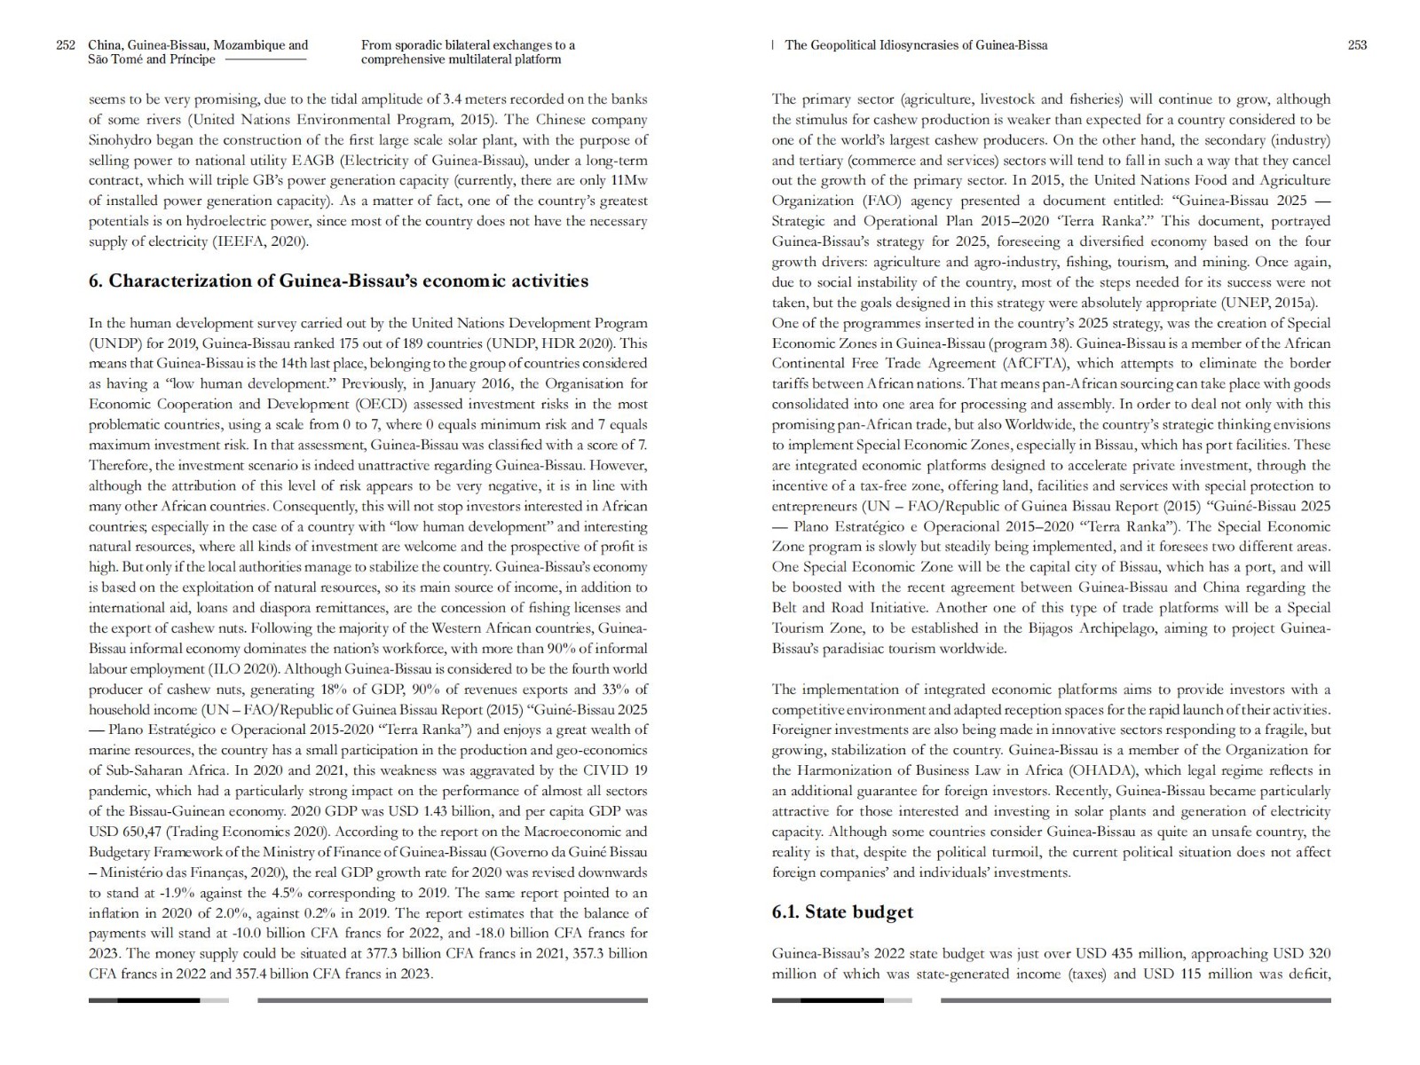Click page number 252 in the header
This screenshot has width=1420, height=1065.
(x=65, y=45)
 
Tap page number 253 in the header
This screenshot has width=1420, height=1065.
(x=1357, y=45)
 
